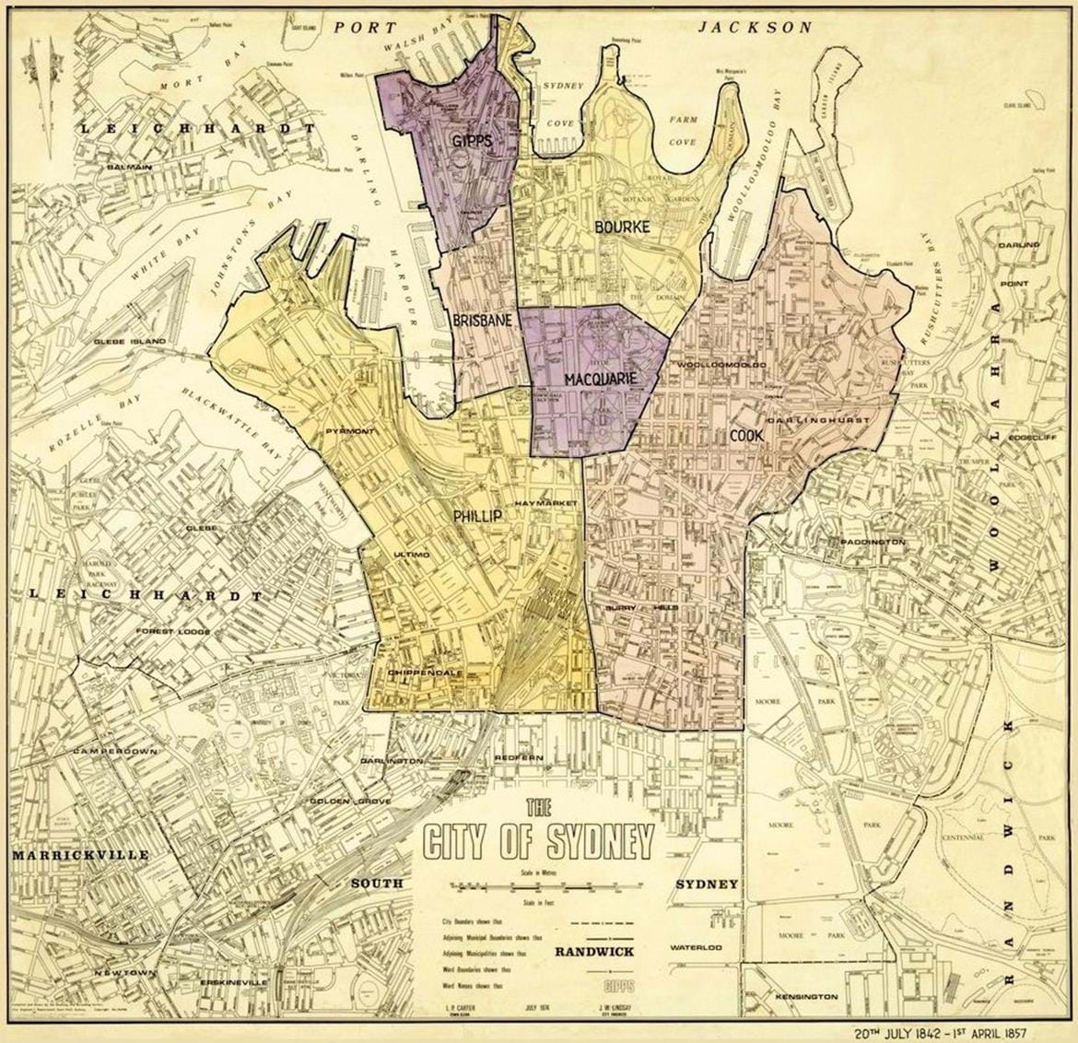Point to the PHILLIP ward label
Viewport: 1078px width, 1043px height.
coord(477,517)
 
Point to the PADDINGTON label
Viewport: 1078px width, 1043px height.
coord(872,543)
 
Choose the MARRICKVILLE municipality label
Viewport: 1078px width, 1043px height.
coord(80,855)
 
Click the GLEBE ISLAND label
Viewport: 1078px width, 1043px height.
coord(130,341)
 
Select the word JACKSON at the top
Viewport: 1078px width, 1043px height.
coord(755,28)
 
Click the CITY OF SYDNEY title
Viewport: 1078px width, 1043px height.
coord(539,839)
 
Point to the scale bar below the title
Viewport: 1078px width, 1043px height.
coord(539,886)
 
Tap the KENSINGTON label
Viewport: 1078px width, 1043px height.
coord(806,997)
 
